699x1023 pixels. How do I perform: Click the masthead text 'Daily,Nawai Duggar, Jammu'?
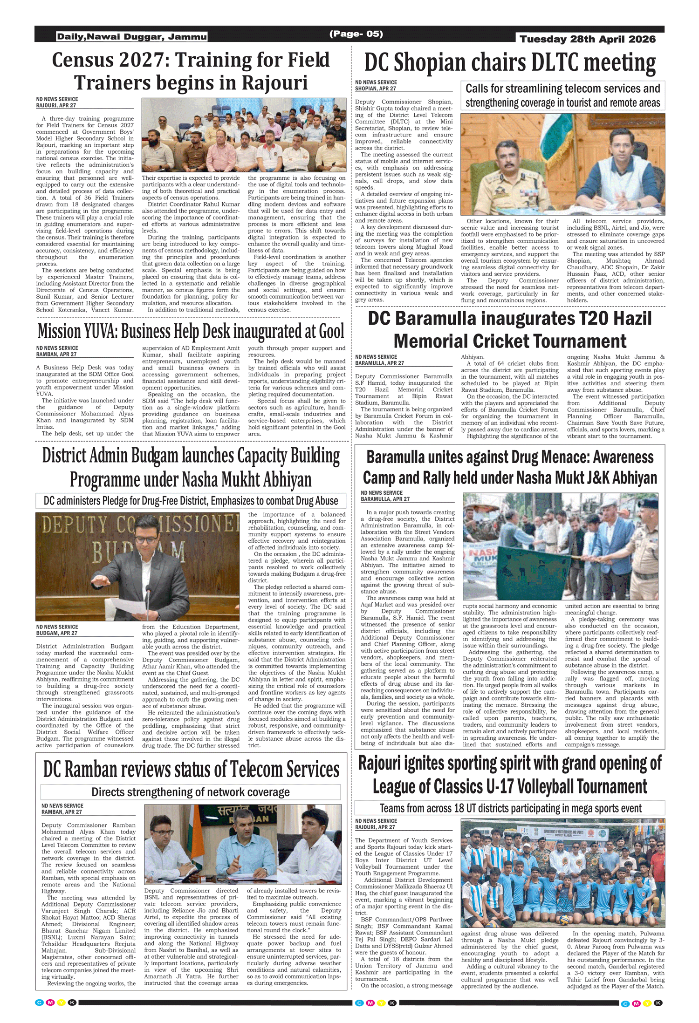click(132, 37)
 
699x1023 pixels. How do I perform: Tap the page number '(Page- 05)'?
click(356, 34)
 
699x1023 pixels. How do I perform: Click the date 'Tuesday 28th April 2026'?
click(587, 39)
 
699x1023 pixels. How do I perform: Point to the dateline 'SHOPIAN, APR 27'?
click(376, 89)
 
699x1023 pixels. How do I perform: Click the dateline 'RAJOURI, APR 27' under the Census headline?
click(56, 106)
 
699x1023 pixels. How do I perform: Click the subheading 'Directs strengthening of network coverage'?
click(190, 792)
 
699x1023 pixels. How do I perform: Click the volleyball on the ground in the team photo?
click(563, 920)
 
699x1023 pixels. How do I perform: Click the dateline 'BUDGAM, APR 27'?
click(57, 633)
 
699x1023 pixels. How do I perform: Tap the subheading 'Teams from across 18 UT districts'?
click(510, 808)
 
